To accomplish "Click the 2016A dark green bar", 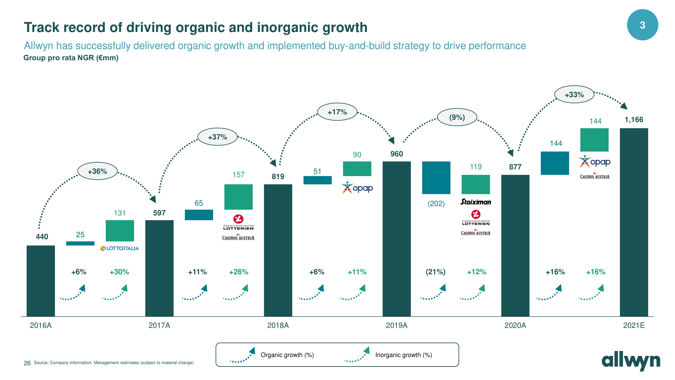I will coord(41,281).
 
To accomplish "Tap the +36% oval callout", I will coord(98,171).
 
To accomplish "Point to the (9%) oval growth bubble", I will coord(457,117).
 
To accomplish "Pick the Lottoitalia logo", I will coord(119,248).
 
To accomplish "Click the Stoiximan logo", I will coord(476,202).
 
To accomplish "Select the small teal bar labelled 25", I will coord(80,243).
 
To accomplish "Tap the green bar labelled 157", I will coord(238,197).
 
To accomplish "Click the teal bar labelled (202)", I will coord(436,177).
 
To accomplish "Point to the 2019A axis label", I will coord(397,325).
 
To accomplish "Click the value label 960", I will coord(397,154).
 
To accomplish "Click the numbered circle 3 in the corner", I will coord(642,25).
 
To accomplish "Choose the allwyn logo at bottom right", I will coord(631,361).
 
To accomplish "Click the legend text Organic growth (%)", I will coord(287,355).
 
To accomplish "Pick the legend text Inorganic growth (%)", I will coord(403,355).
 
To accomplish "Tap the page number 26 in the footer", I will coord(27,363).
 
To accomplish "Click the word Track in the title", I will coord(41,27).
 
